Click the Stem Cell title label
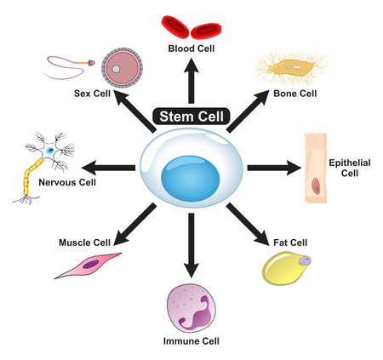190,116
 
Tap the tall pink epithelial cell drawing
317,168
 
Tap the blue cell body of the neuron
50,150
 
